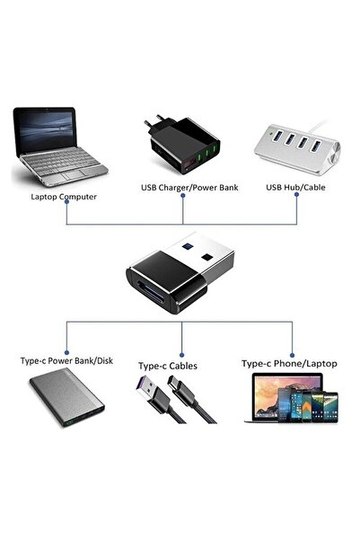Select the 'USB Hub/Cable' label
(296, 187)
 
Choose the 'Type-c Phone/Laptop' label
(290, 364)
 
